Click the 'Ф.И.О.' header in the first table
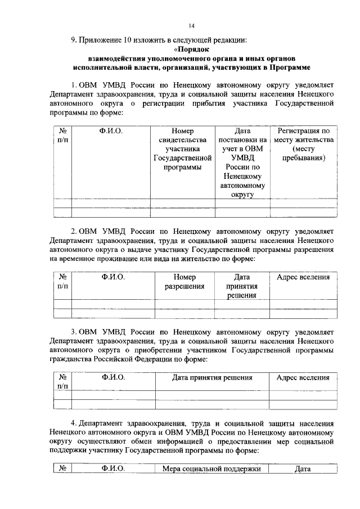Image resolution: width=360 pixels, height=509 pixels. pos(111,131)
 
